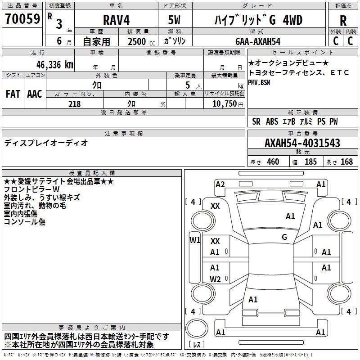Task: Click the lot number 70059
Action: [22, 19]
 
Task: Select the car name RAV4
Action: [116, 20]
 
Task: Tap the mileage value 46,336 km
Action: [55, 65]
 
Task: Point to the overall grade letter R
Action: [343, 21]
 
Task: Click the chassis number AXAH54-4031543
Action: [302, 143]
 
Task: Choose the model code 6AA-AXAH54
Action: [258, 41]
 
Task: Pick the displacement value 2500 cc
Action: [141, 41]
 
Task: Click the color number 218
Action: [74, 104]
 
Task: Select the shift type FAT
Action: [13, 94]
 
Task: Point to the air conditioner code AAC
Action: [35, 94]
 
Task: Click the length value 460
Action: [273, 162]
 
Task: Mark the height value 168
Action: [346, 162]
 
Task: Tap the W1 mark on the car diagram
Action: [195, 240]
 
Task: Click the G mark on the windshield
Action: [284, 237]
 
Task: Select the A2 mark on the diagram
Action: [220, 184]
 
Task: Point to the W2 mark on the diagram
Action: [215, 279]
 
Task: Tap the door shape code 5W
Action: [174, 20]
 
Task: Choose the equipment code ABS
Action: [272, 121]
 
